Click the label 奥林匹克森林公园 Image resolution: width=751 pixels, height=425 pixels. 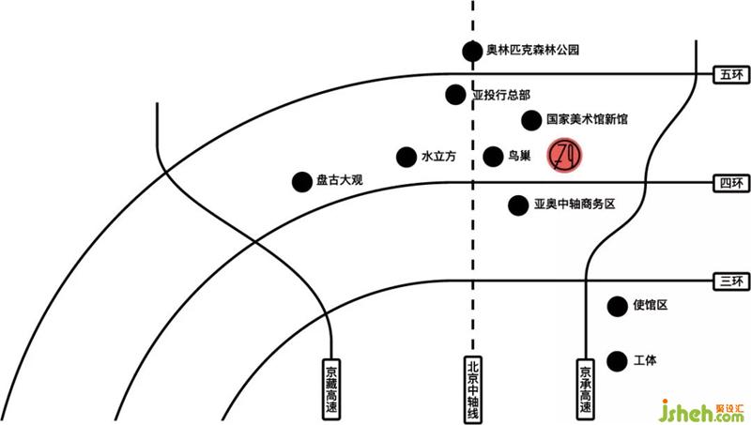[x=532, y=52]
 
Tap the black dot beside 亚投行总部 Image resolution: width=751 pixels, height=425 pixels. [x=455, y=94]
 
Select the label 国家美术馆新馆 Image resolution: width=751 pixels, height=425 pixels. [x=588, y=119]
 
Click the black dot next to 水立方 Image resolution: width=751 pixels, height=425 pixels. [x=406, y=157]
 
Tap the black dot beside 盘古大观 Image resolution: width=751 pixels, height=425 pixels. [x=301, y=182]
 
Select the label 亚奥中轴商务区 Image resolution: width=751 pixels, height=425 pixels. [x=574, y=204]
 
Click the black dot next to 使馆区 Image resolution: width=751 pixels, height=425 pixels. [x=617, y=305]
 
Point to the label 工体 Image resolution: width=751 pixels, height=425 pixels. [x=646, y=360]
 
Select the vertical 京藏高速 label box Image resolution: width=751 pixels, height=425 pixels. [x=332, y=387]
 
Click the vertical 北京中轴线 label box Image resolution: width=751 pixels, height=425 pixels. [x=473, y=387]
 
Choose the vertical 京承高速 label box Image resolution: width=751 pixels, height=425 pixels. [x=586, y=387]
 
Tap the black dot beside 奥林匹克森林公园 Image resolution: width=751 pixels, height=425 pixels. [x=471, y=52]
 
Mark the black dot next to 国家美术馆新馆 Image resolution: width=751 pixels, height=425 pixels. [x=531, y=119]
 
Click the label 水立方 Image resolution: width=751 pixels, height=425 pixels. [x=438, y=157]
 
